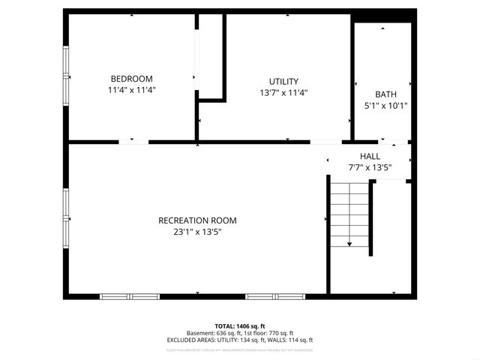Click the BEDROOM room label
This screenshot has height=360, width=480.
click(x=131, y=79)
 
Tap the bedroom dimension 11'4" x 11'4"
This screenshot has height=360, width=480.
click(x=131, y=90)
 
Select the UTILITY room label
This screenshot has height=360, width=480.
click(x=283, y=82)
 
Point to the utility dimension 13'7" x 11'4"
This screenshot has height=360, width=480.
click(x=283, y=93)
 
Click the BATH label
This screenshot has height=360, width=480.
click(x=385, y=94)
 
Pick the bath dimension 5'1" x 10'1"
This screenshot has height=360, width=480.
click(x=385, y=106)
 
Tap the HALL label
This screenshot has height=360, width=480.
click(x=370, y=156)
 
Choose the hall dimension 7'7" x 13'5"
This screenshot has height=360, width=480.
click(x=370, y=167)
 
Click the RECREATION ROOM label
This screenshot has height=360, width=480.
click(x=197, y=220)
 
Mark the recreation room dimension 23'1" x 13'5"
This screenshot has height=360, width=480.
click(x=197, y=232)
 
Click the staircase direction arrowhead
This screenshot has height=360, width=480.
click(x=349, y=244)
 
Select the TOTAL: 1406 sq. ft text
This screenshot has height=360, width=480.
click(x=240, y=326)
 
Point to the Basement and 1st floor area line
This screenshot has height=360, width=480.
click(x=240, y=333)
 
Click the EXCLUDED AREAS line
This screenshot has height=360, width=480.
click(x=240, y=340)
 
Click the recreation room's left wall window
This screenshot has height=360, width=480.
click(x=66, y=213)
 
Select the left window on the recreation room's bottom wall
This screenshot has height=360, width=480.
click(x=130, y=296)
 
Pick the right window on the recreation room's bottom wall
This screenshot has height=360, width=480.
click(x=274, y=296)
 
